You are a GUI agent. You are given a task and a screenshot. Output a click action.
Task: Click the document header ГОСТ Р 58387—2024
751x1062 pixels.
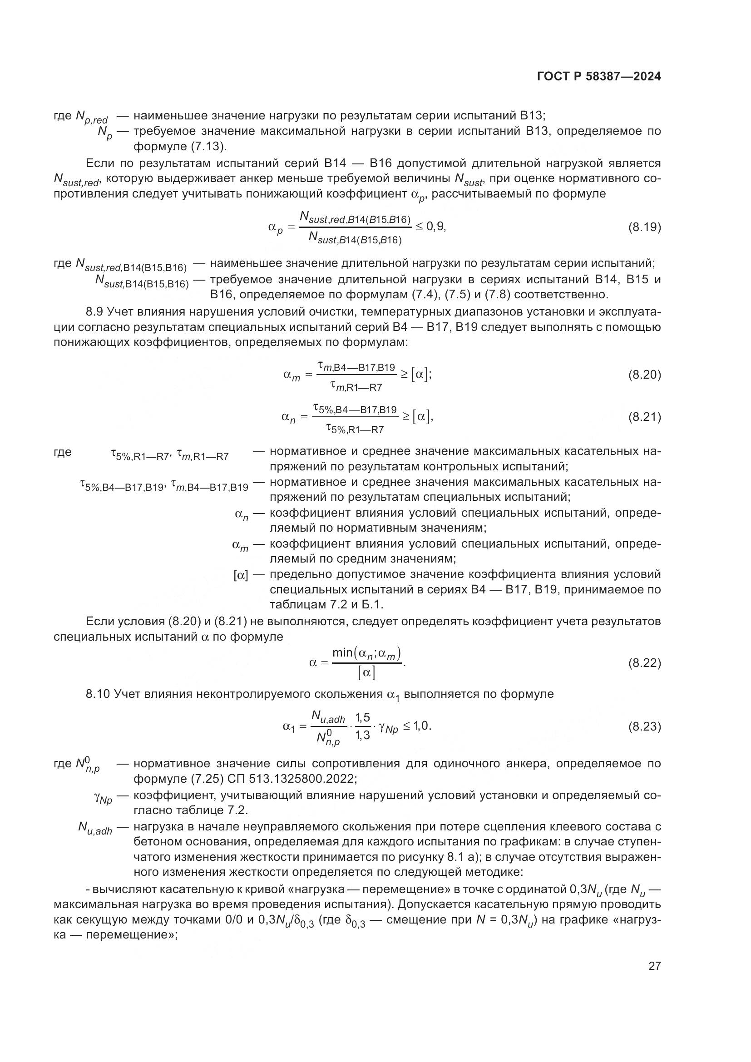point(599,77)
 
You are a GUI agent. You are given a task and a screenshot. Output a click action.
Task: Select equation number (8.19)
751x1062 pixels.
point(644,227)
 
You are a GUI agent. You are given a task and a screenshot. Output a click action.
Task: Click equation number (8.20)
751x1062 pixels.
point(644,375)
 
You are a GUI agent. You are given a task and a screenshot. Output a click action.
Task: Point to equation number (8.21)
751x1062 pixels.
point(644,417)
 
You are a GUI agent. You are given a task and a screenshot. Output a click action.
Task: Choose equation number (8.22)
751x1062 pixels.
point(644,663)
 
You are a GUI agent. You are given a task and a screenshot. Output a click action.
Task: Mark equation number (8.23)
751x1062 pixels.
point(644,726)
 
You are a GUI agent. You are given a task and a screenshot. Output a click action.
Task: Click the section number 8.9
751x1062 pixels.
point(95,312)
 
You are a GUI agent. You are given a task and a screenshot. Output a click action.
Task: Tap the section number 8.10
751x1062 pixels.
point(98,694)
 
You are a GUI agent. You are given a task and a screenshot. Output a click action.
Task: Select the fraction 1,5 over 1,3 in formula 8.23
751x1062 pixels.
point(363,726)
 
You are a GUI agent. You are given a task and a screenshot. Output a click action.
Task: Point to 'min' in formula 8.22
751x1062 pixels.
point(342,653)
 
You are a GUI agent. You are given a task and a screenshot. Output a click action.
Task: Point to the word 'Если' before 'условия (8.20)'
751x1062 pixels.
point(100,622)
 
